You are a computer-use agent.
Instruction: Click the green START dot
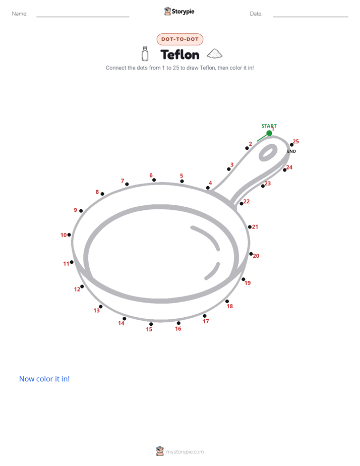(x=269, y=133)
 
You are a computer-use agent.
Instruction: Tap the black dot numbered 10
(x=69, y=235)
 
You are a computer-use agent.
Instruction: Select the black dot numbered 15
(x=151, y=324)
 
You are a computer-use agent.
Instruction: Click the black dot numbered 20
(x=251, y=254)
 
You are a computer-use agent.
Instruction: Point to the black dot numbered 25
(x=292, y=145)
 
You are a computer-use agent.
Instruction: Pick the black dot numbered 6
(x=154, y=180)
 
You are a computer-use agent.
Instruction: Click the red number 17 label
(x=206, y=321)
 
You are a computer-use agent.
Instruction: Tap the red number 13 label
(x=96, y=311)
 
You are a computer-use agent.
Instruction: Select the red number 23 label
(x=268, y=184)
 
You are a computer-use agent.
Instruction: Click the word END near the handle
(x=291, y=151)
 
